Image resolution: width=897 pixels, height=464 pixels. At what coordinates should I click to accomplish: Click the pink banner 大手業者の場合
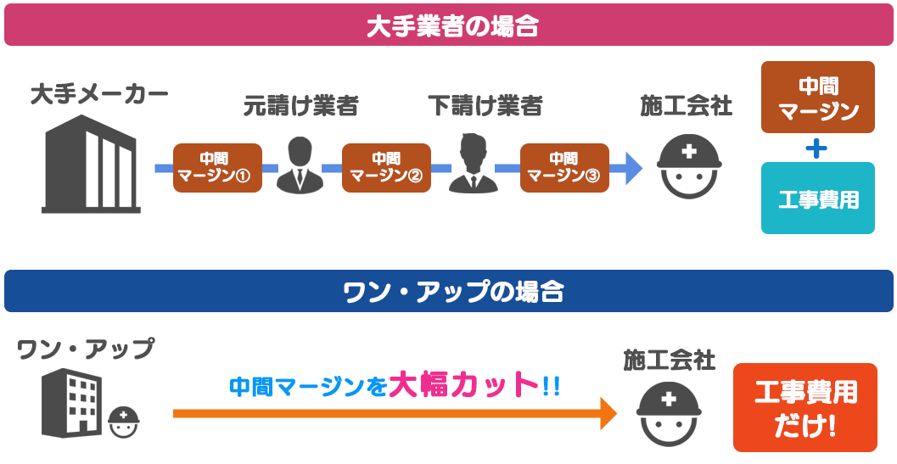(x=448, y=25)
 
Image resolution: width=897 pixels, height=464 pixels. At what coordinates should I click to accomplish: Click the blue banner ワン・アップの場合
(x=448, y=291)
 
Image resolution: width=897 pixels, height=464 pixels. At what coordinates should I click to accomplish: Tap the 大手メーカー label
(x=99, y=94)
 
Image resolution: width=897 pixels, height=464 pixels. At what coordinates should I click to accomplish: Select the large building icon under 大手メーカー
(x=91, y=164)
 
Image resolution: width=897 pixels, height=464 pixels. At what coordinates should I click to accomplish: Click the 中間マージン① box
(x=217, y=168)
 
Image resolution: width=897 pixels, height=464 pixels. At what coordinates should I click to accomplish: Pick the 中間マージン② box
(x=386, y=168)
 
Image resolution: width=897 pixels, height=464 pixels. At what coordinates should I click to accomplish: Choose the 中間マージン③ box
(x=564, y=168)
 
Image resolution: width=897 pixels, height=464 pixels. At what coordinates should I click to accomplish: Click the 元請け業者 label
(x=300, y=106)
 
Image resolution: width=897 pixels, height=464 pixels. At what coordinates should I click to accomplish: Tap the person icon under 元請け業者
(x=300, y=165)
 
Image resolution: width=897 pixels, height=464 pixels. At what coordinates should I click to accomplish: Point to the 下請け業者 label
(x=485, y=106)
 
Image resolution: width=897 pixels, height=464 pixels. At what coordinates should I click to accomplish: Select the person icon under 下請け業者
(x=472, y=165)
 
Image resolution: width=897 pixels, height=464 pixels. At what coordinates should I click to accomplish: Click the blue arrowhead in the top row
(x=631, y=168)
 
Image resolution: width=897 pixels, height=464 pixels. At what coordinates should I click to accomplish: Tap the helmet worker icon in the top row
(x=690, y=167)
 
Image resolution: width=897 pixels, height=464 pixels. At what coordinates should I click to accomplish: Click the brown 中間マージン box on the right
(x=817, y=98)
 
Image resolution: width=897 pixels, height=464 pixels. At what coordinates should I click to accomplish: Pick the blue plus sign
(x=816, y=148)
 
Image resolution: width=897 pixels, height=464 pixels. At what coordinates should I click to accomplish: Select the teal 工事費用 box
(x=817, y=198)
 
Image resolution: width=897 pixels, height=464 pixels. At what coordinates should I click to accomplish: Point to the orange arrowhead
(x=608, y=413)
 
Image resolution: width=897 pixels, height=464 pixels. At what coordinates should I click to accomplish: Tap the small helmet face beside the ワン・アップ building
(x=124, y=421)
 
